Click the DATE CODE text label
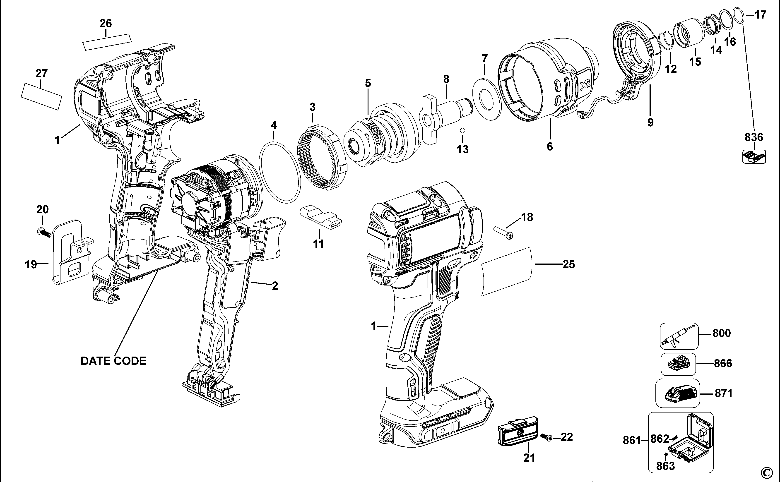[x=113, y=361]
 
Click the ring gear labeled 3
[x=322, y=158]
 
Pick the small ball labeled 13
[x=462, y=130]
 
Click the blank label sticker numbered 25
[x=507, y=271]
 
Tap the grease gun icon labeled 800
[x=678, y=336]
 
